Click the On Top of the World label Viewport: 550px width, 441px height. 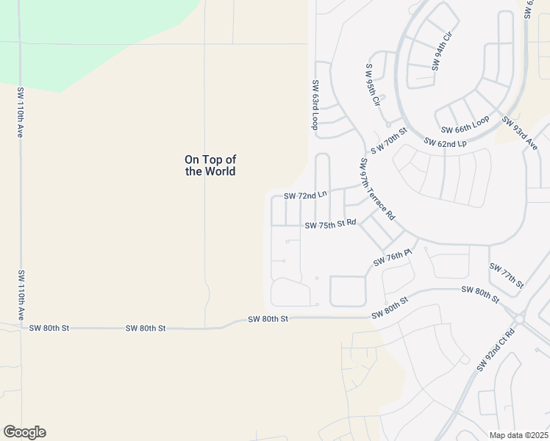click(210, 165)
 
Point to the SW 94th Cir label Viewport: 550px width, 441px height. click(443, 51)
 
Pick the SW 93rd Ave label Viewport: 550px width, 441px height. click(520, 133)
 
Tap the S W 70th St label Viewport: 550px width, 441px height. click(389, 140)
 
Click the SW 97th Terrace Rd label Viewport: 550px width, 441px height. click(378, 189)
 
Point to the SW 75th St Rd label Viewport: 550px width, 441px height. click(330, 223)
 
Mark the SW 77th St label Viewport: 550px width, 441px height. click(506, 275)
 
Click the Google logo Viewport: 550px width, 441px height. click(24, 432)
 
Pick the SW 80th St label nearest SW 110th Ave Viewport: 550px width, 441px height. click(49, 328)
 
